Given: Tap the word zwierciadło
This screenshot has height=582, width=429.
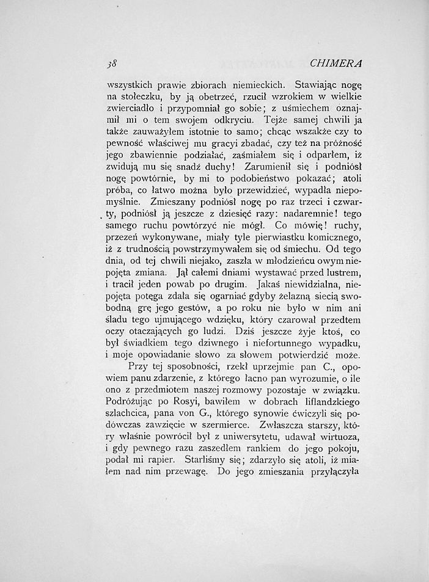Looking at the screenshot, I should [133, 113].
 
